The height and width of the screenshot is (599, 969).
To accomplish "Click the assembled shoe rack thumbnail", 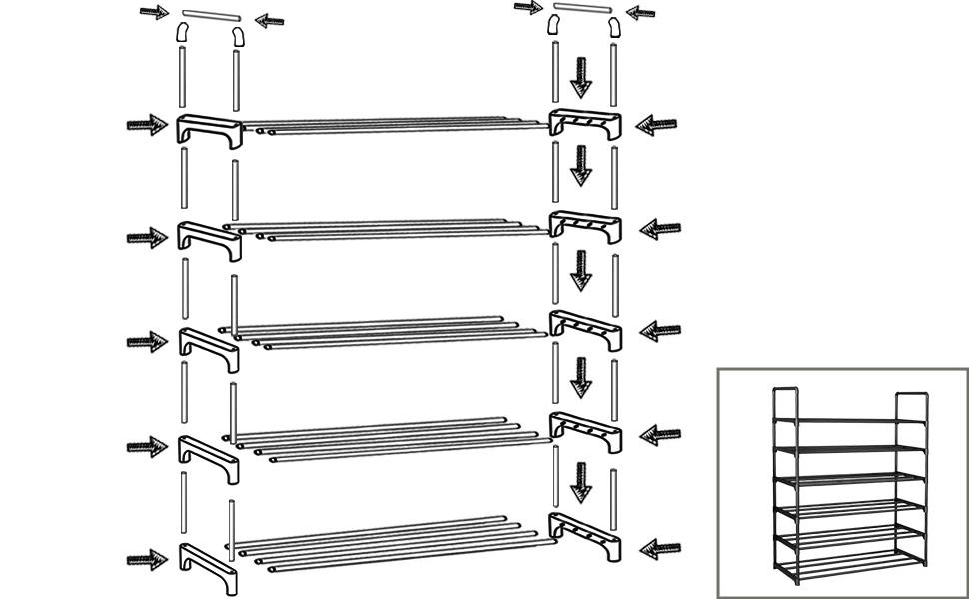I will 842,484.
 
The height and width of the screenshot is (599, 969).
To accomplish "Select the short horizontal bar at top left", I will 211,16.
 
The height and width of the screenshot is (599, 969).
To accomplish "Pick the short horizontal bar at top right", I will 580,9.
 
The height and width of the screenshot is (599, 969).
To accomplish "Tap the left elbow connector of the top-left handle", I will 183,34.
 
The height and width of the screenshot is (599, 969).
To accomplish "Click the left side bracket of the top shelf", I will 209,129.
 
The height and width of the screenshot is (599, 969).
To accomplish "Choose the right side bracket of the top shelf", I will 586,124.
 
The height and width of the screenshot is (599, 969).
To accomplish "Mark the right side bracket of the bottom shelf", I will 585,537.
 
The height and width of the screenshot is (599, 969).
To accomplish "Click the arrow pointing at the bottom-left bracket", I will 147,559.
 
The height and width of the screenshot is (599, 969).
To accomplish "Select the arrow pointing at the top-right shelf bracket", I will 656,125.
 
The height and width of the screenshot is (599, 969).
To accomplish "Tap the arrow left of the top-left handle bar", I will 153,13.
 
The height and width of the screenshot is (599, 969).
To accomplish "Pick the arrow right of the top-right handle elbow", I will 640,13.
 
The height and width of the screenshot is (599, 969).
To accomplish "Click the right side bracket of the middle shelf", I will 585,328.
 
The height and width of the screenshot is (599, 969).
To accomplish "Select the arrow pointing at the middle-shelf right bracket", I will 659,331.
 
